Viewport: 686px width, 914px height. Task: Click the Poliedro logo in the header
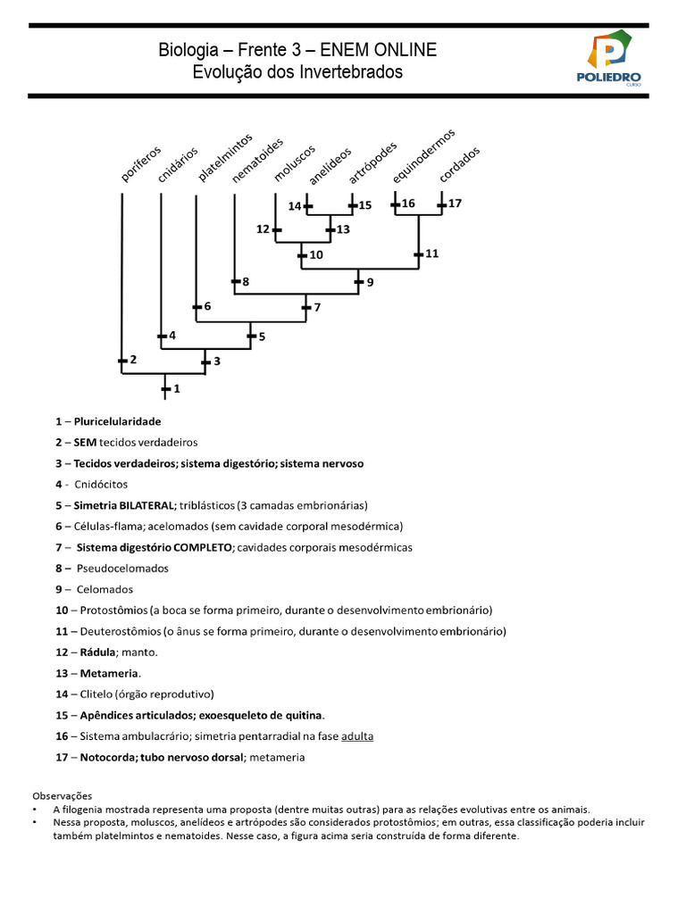click(608, 59)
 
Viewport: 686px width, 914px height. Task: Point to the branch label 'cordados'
click(460, 165)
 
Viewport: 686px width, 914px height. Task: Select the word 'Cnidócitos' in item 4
click(102, 484)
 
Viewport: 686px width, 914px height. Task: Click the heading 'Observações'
click(63, 795)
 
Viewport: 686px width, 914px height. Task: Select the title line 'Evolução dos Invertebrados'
click(297, 71)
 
